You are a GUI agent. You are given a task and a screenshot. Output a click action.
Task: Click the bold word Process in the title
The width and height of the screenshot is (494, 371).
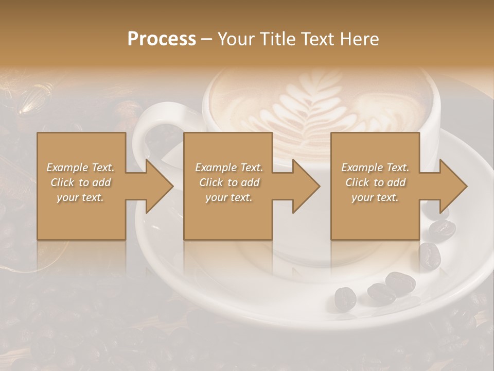(162, 39)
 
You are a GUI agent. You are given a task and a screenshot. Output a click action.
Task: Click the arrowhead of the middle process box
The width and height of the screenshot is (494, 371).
(305, 186)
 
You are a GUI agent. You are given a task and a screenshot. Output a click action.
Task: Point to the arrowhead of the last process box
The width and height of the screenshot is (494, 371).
(452, 186)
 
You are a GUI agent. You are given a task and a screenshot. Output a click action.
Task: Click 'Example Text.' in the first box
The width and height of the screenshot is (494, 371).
(81, 167)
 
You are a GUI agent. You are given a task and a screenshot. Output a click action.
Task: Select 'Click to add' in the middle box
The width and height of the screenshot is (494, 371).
(229, 182)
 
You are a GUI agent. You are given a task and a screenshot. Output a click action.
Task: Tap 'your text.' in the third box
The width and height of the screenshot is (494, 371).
(375, 197)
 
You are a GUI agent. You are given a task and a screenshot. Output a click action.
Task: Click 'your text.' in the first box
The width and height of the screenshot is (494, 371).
(81, 197)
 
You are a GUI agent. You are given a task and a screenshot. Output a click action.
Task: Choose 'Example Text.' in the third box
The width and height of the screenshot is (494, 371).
(375, 167)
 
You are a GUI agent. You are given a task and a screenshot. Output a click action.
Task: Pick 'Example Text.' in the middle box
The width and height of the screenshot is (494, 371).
(229, 167)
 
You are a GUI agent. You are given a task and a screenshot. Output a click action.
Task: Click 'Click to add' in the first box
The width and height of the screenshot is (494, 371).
(81, 182)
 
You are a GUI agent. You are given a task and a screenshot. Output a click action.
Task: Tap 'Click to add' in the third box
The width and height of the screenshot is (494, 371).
(375, 182)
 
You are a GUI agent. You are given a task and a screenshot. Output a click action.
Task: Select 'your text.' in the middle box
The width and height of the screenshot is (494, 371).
(229, 197)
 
